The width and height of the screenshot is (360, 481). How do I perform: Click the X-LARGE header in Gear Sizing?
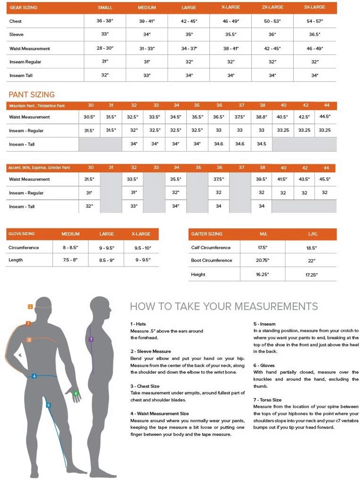(x=230, y=7)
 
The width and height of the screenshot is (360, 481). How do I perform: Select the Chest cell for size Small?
(x=105, y=21)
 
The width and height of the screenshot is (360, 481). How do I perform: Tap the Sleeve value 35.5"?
(x=230, y=34)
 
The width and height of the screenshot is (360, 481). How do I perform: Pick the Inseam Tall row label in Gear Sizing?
(x=21, y=76)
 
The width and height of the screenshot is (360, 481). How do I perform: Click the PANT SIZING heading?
(x=32, y=95)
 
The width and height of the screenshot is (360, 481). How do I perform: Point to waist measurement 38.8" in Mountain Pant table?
(x=262, y=117)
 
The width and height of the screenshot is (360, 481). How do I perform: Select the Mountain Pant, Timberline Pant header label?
(x=37, y=106)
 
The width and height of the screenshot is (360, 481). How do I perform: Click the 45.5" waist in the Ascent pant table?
(x=325, y=179)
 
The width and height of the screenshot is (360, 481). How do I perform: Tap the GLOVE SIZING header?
(x=21, y=234)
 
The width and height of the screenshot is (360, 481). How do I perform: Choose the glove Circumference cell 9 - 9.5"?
(x=107, y=248)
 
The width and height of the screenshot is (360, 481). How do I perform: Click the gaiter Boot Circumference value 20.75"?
(x=262, y=260)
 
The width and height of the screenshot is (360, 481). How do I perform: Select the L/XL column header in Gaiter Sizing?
(x=312, y=234)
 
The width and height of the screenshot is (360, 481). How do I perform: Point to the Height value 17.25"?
(x=311, y=275)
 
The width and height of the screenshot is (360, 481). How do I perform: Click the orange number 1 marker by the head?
(x=30, y=307)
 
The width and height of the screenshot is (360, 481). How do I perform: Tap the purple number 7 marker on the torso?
(x=91, y=339)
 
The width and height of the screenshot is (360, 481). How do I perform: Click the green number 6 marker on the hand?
(x=76, y=394)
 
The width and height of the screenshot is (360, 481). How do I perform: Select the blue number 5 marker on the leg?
(x=48, y=405)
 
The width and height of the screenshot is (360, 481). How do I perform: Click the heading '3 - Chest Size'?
(x=145, y=386)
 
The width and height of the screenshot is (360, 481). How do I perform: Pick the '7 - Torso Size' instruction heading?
(x=267, y=400)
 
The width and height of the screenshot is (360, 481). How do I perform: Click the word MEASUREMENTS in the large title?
(x=276, y=307)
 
